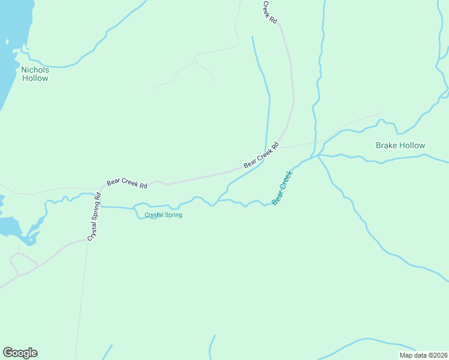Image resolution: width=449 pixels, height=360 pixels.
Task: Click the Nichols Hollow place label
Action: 35,74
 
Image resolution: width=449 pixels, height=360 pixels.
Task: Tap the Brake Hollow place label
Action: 400,145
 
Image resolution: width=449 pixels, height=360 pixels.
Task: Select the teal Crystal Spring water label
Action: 163,215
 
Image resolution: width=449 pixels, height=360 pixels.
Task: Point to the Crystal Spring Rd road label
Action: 94,217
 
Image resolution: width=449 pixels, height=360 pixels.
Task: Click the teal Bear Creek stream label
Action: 282,188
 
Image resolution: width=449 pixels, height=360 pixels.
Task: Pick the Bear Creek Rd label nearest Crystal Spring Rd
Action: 127,183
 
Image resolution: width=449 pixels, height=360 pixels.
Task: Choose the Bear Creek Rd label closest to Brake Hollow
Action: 262,155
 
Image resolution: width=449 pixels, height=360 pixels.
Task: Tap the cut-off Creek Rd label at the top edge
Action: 270,11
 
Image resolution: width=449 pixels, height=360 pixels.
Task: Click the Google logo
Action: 20,353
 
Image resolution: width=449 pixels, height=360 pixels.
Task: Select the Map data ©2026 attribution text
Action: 423,355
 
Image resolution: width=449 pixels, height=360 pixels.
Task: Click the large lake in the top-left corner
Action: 8,48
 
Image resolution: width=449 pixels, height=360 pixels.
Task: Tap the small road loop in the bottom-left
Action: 21,264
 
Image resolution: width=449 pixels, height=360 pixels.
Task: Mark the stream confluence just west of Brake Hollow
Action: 318,155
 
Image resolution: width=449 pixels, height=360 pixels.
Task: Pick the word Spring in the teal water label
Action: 173,215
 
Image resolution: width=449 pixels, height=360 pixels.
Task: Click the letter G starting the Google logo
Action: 8,353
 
